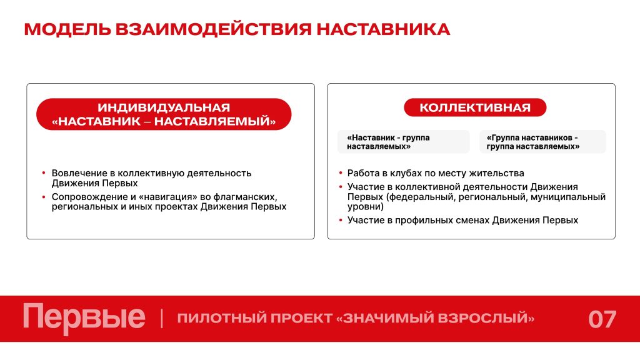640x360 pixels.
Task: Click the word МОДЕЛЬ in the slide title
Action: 67,30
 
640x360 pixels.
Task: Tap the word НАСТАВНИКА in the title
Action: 383,30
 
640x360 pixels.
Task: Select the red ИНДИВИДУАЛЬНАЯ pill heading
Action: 164,114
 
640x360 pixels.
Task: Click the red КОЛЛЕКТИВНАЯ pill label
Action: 475,107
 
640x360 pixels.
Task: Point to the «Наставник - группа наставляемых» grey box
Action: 404,142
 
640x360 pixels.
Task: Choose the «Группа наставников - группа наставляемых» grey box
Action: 542,142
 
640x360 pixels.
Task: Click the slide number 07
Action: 602,319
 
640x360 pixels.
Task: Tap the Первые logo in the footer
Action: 84,317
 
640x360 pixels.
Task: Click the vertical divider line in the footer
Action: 162,318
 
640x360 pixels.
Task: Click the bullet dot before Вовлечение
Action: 44,173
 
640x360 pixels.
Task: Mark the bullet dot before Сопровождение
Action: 44,197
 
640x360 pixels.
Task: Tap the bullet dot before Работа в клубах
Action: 341,173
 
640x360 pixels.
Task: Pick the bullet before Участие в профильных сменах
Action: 341,220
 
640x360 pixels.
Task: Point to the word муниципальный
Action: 574,197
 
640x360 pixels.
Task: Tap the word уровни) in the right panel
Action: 366,206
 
